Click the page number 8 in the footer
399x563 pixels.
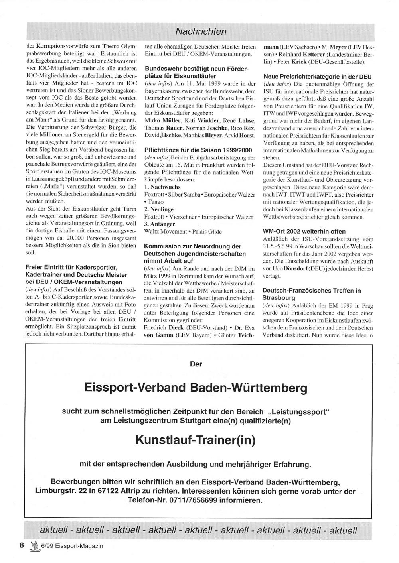point(22,545)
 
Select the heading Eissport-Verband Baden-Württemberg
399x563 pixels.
point(196,387)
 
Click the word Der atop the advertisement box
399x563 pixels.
point(196,364)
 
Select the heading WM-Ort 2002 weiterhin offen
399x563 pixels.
point(304,231)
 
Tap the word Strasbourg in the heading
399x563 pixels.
point(279,298)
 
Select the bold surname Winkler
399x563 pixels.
point(208,120)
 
